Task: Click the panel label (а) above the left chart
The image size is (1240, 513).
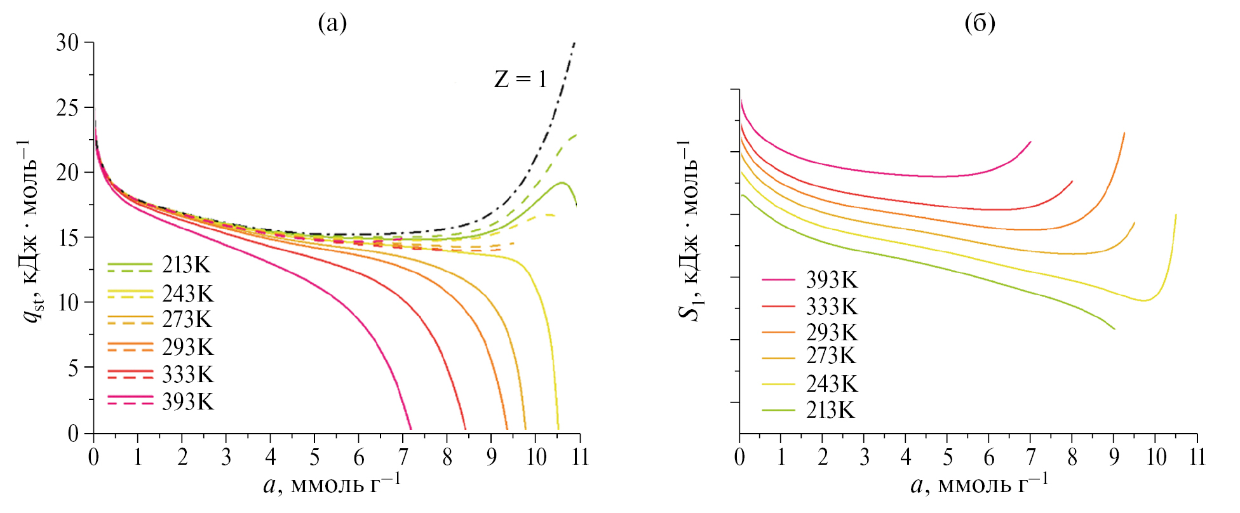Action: (x=332, y=23)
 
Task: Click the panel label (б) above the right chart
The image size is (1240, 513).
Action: (x=980, y=23)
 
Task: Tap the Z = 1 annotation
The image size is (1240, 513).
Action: (x=520, y=79)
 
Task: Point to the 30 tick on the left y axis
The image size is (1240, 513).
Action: (x=67, y=43)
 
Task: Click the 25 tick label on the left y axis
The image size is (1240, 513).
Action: (x=67, y=108)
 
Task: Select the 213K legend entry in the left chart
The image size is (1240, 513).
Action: (x=185, y=265)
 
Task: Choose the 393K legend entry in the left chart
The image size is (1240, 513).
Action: (x=187, y=402)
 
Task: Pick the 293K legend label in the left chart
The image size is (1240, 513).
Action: (x=187, y=347)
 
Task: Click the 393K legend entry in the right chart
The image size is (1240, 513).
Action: (x=832, y=280)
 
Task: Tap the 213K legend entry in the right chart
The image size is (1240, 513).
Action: (x=830, y=410)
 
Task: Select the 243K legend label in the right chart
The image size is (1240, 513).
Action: (x=832, y=384)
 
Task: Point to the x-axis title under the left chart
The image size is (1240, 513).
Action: (x=332, y=485)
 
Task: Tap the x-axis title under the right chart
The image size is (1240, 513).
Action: (x=979, y=485)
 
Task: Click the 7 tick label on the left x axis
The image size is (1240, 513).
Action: (x=403, y=457)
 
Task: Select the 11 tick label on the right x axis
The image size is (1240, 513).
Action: (x=1197, y=457)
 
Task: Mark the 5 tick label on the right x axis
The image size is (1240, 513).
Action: (x=948, y=457)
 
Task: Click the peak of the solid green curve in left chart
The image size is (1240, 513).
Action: (x=562, y=183)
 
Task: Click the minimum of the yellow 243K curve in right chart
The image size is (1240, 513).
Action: (x=1144, y=300)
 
